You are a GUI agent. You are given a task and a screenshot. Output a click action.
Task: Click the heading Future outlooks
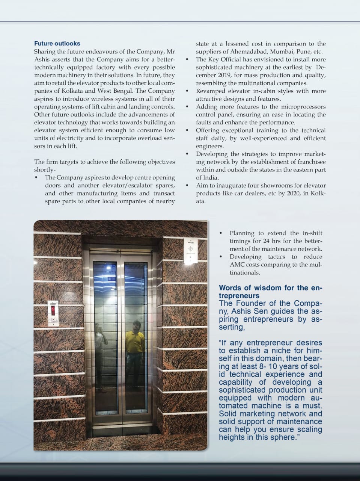pos(57,44)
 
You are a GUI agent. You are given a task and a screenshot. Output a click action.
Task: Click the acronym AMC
pos(238,265)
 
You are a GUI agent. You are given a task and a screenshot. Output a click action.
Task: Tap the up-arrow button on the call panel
pos(53,320)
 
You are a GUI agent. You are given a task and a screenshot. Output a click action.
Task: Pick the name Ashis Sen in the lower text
pos(247,312)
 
